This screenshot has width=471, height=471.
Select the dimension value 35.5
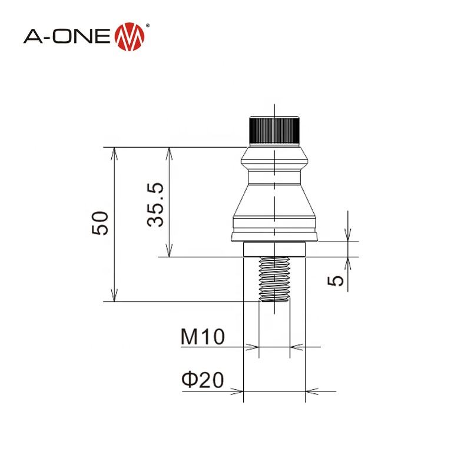click(x=156, y=204)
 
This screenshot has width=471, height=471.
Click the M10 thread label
click(x=202, y=338)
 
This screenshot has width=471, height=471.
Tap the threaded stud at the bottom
click(x=274, y=280)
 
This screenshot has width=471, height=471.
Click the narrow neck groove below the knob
click(x=275, y=175)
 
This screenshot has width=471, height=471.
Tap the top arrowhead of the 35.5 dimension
click(x=170, y=151)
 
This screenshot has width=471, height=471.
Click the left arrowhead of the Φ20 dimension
click(x=238, y=390)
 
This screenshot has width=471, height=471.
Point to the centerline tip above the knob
click(x=275, y=106)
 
